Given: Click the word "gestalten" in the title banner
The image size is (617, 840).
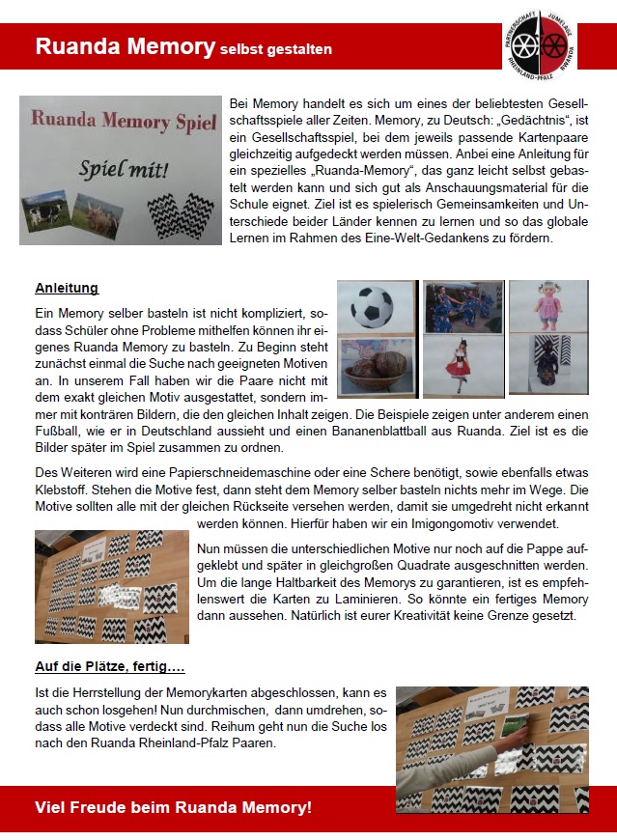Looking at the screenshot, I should tap(295, 48).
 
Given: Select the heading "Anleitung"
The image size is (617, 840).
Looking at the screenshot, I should tap(67, 288).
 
